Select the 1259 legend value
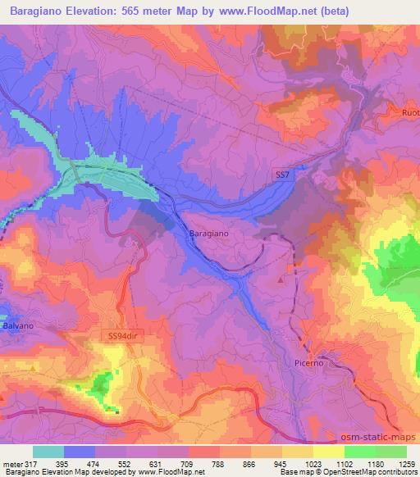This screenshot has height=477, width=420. [407, 464]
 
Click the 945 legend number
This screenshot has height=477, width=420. [282, 464]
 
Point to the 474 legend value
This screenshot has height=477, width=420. [95, 464]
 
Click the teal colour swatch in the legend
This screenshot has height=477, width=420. [48, 452]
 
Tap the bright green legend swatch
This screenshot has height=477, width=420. [360, 452]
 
